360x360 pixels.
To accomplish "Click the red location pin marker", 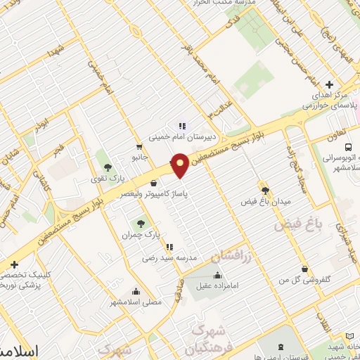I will [181, 165].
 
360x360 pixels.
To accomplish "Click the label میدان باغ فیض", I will [267, 201].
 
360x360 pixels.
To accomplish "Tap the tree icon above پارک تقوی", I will [108, 167].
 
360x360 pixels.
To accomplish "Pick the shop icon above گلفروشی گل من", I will [303, 268].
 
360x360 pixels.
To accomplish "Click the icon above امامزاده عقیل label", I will [218, 274].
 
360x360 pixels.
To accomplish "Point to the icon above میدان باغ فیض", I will [265, 189].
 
